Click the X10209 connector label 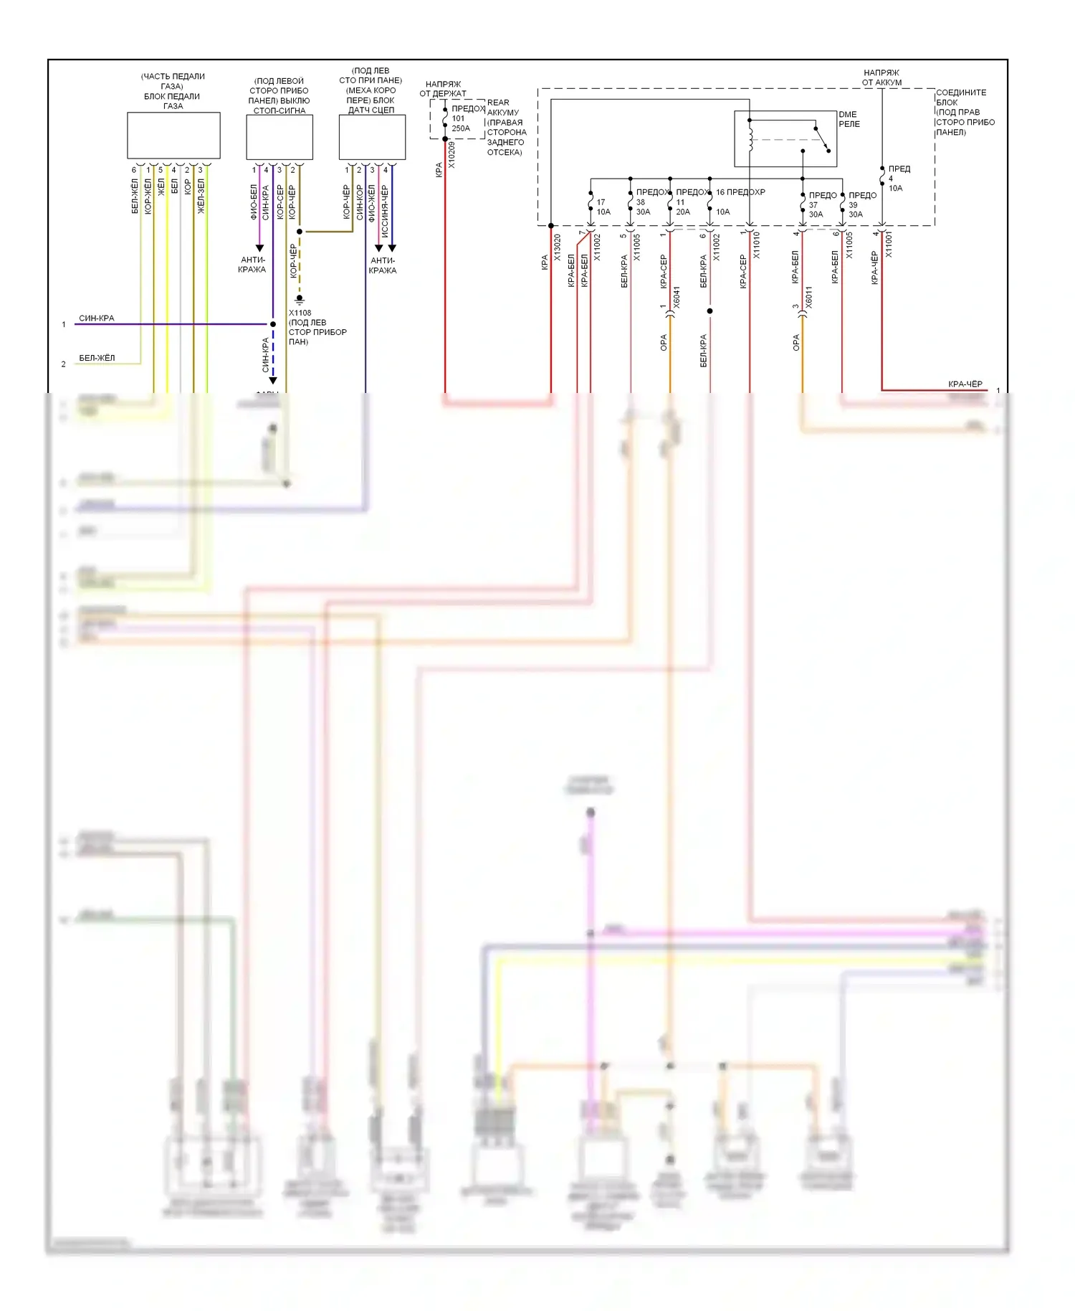coord(451,155)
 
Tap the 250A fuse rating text coord(461,128)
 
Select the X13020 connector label coord(558,247)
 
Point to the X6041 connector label coord(677,298)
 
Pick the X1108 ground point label coord(300,313)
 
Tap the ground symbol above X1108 coord(300,298)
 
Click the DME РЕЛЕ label coord(849,119)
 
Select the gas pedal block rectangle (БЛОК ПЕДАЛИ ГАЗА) coord(173,135)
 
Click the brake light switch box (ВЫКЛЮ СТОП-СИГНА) coord(279,136)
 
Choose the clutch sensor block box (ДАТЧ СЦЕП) coord(372,136)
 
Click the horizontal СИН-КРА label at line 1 coord(96,318)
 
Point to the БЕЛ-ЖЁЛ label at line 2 coord(97,358)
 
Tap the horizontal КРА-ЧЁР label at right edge coord(965,384)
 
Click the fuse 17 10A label coord(603,207)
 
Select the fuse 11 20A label coord(682,207)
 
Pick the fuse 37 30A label coord(816,209)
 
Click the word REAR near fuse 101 coord(498,103)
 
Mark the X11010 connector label coord(756,245)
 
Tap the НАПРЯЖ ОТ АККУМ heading coord(881,77)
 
